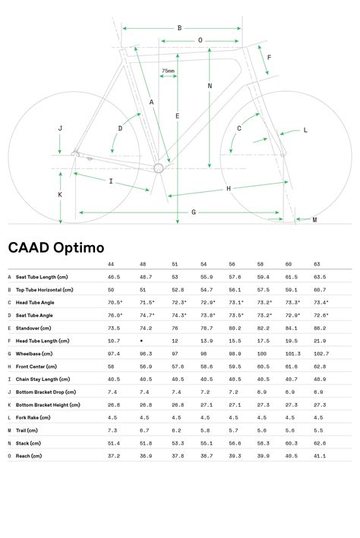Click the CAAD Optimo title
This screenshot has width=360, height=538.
click(56, 247)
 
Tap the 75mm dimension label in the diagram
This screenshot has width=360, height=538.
click(168, 71)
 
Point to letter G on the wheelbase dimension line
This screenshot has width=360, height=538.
click(194, 212)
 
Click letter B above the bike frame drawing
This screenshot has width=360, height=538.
click(179, 28)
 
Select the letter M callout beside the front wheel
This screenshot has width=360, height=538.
click(314, 220)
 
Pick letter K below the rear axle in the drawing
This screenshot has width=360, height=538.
click(60, 195)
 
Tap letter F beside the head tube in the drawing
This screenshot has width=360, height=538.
click(269, 58)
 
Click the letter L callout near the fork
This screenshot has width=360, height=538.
click(305, 131)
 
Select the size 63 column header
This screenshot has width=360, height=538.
click(317, 265)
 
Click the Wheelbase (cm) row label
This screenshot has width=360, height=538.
click(36, 354)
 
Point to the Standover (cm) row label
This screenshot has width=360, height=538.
click(35, 329)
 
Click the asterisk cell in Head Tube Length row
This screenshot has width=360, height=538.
click(142, 341)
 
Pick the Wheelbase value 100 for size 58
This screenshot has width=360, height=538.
click(262, 354)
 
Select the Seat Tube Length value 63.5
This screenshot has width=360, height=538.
click(320, 277)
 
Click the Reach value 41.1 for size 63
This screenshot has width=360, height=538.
click(320, 455)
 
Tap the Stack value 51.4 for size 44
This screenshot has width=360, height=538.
click(114, 442)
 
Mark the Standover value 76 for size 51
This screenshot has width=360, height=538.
click(175, 329)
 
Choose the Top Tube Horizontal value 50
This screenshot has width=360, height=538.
click(112, 290)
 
